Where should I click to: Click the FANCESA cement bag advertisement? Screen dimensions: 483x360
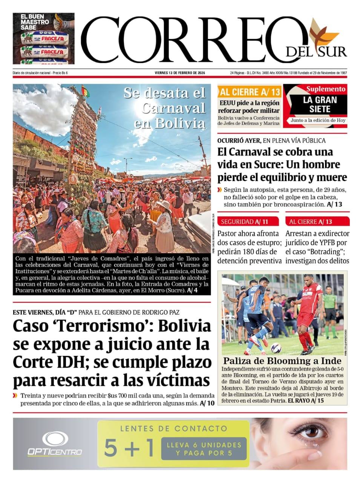(x=43, y=38)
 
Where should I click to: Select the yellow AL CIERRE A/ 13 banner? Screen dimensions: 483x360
(x=250, y=92)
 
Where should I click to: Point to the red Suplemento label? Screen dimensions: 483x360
(x=325, y=89)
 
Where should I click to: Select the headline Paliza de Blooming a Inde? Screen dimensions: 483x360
(x=282, y=361)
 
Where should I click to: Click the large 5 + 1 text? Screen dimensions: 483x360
(x=129, y=448)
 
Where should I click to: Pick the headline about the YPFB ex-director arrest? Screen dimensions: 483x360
(x=317, y=247)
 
